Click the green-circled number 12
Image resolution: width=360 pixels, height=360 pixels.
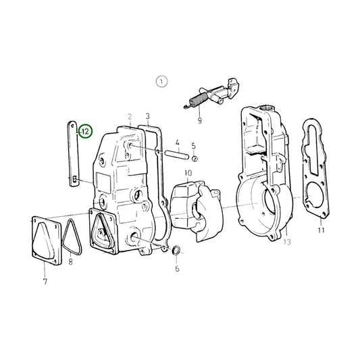tap(85, 132)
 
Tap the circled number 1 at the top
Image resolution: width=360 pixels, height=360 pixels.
tap(160, 82)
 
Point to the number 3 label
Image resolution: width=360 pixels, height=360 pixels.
tap(147, 116)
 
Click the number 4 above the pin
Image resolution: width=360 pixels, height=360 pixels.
tap(177, 143)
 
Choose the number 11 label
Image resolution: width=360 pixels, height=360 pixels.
tap(321, 230)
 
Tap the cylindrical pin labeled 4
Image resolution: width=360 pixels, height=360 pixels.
tap(176, 153)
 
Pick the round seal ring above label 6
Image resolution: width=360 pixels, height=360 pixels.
tap(178, 252)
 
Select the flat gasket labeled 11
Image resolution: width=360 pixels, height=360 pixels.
tap(315, 176)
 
